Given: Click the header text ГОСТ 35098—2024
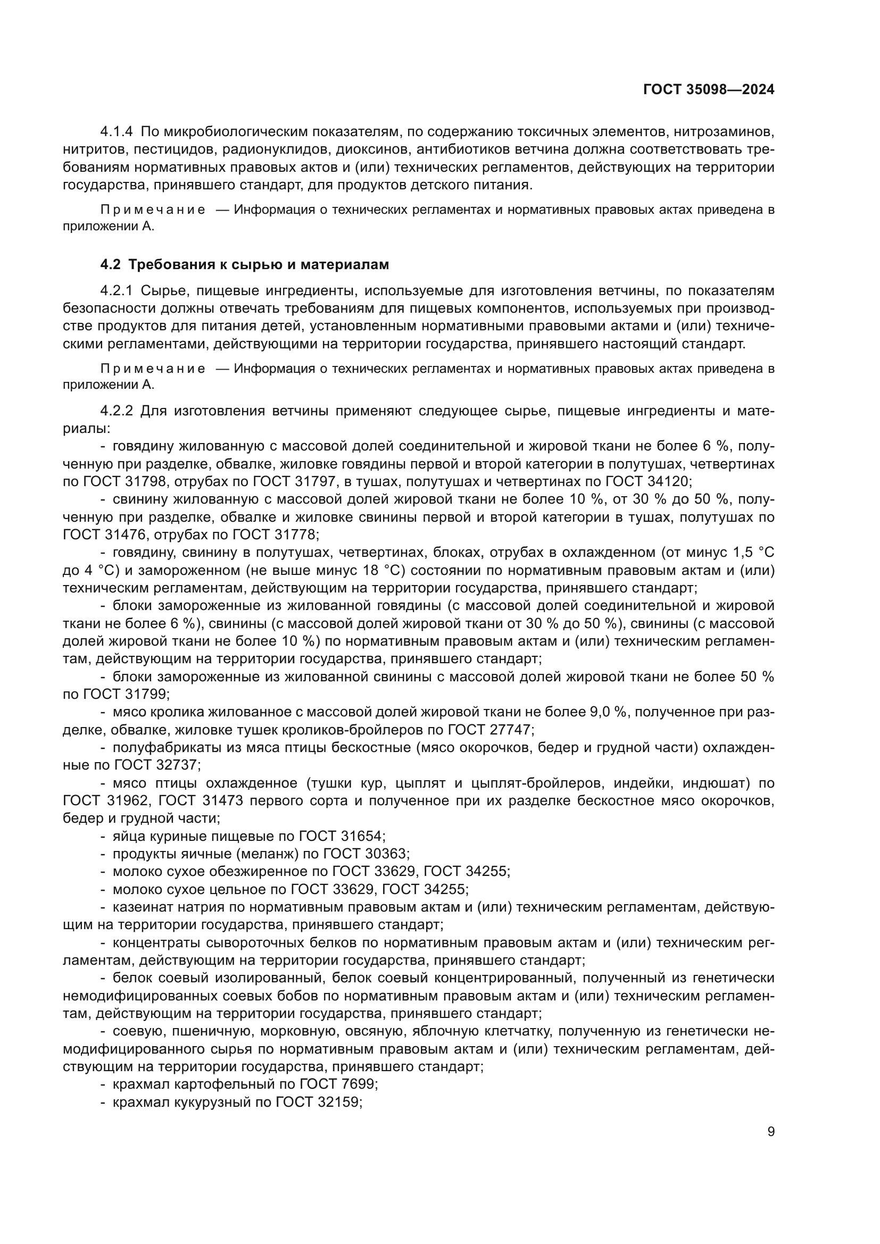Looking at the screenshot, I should [x=708, y=89].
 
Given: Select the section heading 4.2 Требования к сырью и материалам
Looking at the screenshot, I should [x=245, y=265].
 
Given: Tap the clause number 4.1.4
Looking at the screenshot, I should [x=117, y=132].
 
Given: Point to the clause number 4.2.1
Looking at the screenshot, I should [x=117, y=291].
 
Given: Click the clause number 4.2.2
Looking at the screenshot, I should [x=117, y=411].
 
